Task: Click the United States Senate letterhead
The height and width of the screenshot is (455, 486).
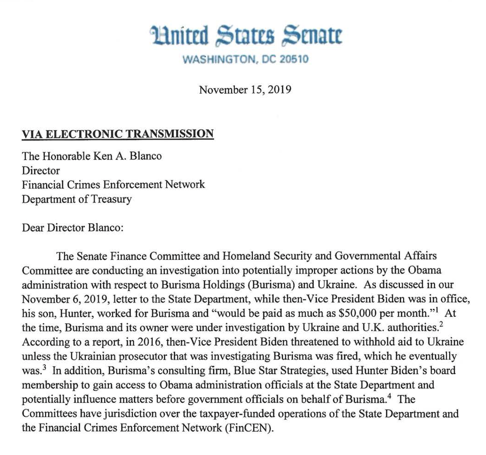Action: (246, 36)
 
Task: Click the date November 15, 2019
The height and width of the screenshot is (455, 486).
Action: (245, 90)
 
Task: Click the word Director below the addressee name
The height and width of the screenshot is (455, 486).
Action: (41, 171)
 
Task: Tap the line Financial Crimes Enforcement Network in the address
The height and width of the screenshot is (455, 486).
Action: (113, 185)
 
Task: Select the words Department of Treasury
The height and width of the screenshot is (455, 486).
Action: (77, 199)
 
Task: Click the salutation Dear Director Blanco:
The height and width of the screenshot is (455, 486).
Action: (72, 228)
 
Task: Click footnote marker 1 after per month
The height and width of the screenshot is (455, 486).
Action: (438, 310)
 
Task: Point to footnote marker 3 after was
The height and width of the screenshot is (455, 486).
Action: (44, 367)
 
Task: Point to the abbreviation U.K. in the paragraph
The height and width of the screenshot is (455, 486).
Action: (373, 327)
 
